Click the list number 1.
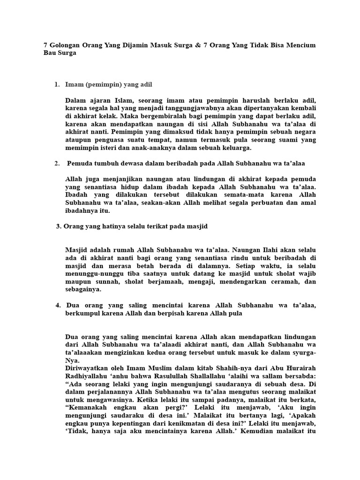click(57, 84)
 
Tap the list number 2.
click(57, 163)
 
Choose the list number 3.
click(59, 226)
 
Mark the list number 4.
click(58, 305)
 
